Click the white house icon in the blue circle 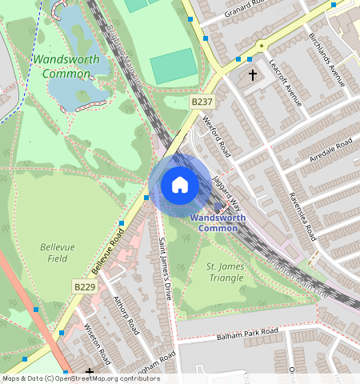tap(180, 185)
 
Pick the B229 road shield tap(85, 286)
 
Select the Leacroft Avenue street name tap(285, 82)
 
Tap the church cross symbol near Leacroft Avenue tap(253, 75)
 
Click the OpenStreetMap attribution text tap(80, 378)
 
